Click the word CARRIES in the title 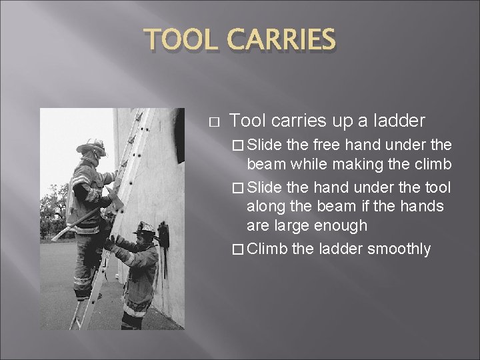click(281, 41)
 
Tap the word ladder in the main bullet click(401, 121)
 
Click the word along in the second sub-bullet click(267, 207)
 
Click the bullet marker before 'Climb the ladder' click(239, 250)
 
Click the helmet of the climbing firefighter click(93, 147)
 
